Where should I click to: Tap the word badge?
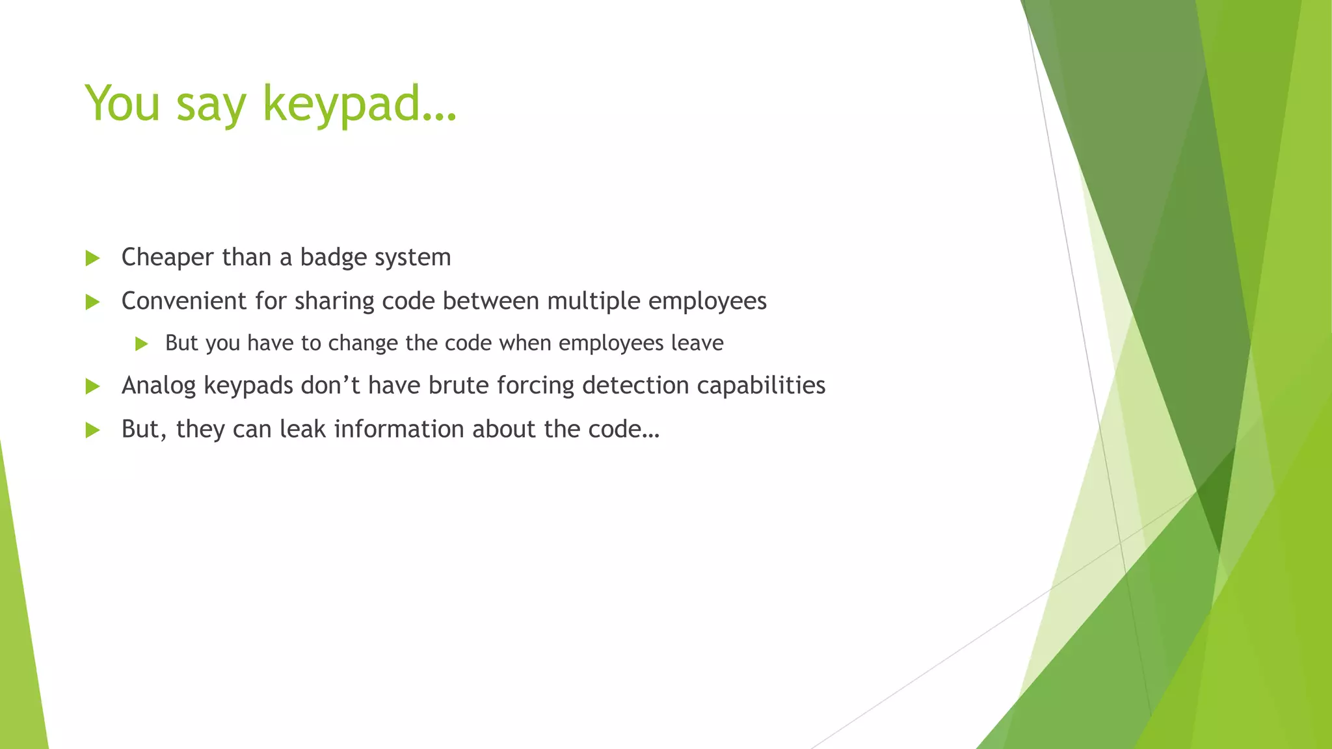[334, 258]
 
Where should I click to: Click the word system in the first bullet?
[413, 258]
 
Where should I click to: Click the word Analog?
[159, 386]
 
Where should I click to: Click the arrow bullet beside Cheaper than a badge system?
[92, 258]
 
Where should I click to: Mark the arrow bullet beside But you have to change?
[142, 344]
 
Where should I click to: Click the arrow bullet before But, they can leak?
[92, 430]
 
